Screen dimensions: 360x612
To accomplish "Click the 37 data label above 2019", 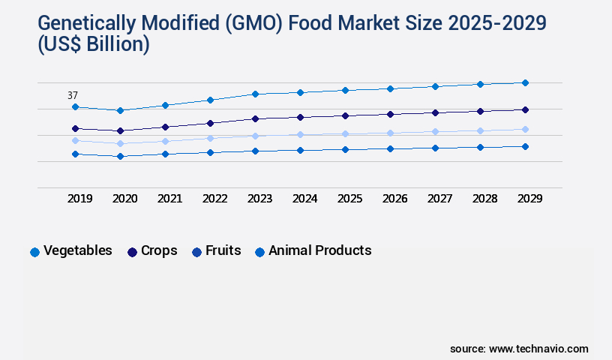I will pyautogui.click(x=73, y=95).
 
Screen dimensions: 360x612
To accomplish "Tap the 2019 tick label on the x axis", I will pyautogui.click(x=79, y=199).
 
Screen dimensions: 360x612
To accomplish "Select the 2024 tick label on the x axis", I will pyautogui.click(x=304, y=199).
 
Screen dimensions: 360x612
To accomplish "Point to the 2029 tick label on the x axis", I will pyautogui.click(x=529, y=199).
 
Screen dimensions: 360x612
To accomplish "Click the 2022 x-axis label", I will pyautogui.click(x=214, y=199).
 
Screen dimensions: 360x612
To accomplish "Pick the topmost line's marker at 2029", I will pyautogui.click(x=525, y=82).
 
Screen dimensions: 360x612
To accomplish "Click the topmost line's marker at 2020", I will pyautogui.click(x=120, y=110).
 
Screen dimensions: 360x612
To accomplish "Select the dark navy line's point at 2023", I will pyautogui.click(x=255, y=118).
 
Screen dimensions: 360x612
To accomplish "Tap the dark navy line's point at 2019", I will pyautogui.click(x=75, y=128).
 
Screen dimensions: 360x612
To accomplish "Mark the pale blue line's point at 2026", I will pyautogui.click(x=390, y=133).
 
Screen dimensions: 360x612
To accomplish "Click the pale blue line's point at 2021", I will pyautogui.click(x=165, y=141).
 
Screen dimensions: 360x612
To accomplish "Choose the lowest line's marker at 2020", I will pyautogui.click(x=120, y=156).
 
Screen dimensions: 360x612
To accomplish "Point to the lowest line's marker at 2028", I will pyautogui.click(x=480, y=147).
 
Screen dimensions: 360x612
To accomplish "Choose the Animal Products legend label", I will pyautogui.click(x=319, y=250).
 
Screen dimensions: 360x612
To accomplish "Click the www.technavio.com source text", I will pyautogui.click(x=538, y=349).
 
